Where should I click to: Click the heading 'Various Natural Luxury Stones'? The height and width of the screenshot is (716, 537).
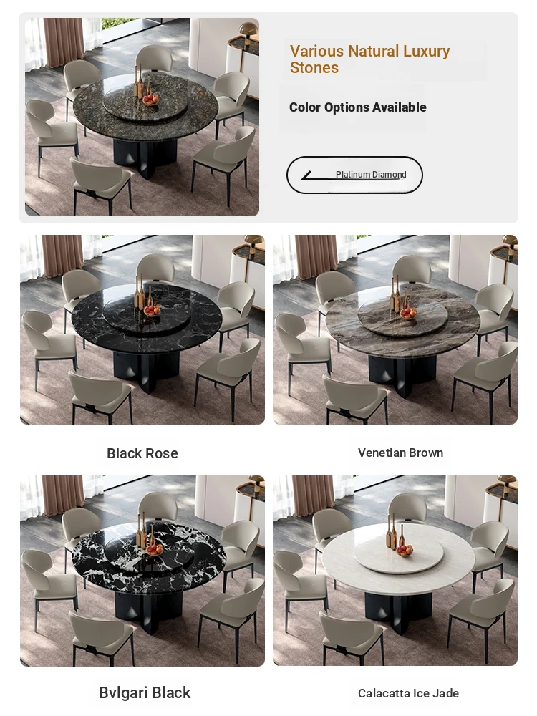[369, 59]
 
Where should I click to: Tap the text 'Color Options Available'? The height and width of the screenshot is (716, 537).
[357, 107]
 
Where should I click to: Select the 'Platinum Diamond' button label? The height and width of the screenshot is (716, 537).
[371, 175]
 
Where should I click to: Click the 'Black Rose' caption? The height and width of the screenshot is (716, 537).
[142, 453]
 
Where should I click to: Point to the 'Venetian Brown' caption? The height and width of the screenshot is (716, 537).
[400, 453]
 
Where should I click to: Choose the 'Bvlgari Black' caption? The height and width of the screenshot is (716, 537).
[145, 692]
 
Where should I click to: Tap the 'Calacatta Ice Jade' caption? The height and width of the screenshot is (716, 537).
[408, 693]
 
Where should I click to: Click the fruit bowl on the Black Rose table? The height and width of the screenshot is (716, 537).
[152, 311]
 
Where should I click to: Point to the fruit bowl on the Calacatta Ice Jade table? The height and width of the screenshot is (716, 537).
[405, 551]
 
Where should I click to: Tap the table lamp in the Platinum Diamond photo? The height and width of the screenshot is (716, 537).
[249, 33]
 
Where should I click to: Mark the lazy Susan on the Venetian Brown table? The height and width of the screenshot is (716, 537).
[402, 318]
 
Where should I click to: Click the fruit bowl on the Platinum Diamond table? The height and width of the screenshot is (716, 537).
[150, 100]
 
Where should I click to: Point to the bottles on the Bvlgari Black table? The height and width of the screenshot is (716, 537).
[143, 530]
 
